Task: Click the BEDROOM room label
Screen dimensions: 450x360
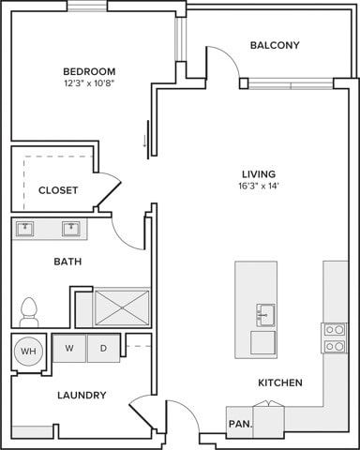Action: [89, 71]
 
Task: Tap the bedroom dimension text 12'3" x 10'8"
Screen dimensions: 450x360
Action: [89, 84]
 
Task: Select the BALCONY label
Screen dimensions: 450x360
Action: [275, 45]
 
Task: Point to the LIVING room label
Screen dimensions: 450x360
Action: [258, 174]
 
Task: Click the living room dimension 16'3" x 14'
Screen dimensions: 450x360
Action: [258, 187]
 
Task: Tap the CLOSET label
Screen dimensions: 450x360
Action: [58, 190]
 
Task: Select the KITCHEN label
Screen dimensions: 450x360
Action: [280, 382]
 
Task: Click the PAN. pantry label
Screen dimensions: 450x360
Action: [239, 424]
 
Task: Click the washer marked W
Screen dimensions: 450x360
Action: [69, 349]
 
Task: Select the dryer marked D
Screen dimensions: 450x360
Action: [102, 349]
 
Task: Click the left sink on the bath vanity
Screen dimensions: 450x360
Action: [26, 229]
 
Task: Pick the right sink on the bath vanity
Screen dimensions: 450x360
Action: [70, 229]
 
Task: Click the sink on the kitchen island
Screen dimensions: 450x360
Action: [264, 312]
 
